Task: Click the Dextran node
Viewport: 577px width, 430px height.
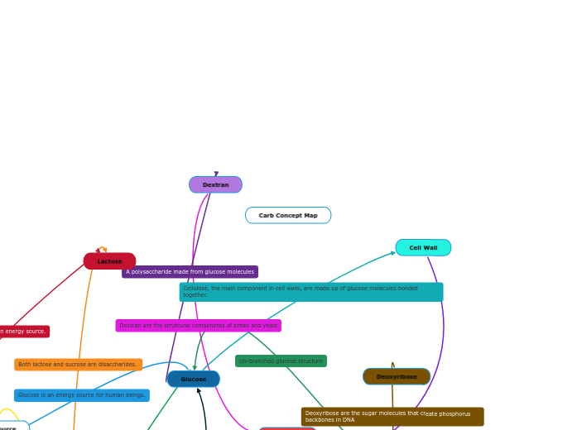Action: click(x=215, y=184)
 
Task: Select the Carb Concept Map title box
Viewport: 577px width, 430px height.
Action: click(x=288, y=215)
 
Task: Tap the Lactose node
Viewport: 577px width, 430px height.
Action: click(x=109, y=261)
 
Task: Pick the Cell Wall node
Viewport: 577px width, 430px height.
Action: click(x=423, y=247)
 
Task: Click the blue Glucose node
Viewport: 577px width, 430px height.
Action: click(x=193, y=379)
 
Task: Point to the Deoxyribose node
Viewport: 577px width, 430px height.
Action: click(x=397, y=376)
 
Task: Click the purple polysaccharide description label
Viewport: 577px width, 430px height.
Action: click(x=190, y=271)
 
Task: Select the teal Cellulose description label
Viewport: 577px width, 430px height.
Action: click(x=310, y=292)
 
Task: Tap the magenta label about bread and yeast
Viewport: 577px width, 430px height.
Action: click(x=198, y=326)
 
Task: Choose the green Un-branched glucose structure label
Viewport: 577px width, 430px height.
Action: click(x=281, y=361)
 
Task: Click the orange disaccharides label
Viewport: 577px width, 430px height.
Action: click(x=78, y=364)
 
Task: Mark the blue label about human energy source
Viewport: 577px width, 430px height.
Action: click(x=81, y=395)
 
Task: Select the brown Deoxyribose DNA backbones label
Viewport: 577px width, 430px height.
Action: click(x=392, y=417)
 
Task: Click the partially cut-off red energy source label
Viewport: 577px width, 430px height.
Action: click(x=23, y=332)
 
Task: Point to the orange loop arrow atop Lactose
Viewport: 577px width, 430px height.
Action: click(x=103, y=248)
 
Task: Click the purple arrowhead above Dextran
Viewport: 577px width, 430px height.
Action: click(x=216, y=174)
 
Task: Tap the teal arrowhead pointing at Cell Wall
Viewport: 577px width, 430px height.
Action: click(x=392, y=252)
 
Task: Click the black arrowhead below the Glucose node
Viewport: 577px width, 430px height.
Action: click(x=199, y=390)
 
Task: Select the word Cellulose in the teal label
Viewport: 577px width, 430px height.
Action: click(x=195, y=289)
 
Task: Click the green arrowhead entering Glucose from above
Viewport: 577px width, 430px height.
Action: click(x=195, y=368)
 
